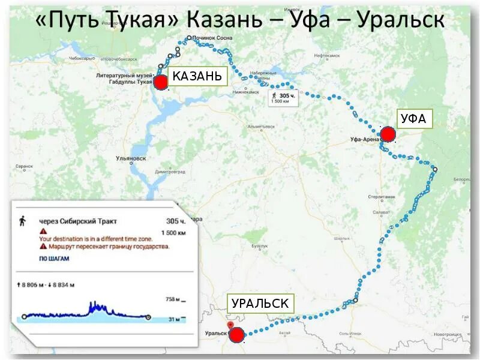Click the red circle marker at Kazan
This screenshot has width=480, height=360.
[x=160, y=83]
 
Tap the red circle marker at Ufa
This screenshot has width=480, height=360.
[x=388, y=134]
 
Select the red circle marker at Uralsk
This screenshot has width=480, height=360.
[x=236, y=335]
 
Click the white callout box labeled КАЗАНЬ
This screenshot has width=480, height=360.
[x=197, y=76]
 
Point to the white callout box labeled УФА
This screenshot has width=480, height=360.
[x=413, y=119]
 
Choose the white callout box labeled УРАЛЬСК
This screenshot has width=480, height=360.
[x=259, y=304]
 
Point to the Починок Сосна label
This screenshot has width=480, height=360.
[x=212, y=38]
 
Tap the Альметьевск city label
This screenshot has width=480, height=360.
[x=261, y=127]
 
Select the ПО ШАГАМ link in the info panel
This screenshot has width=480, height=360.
[x=55, y=259]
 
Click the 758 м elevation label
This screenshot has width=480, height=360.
[x=173, y=299]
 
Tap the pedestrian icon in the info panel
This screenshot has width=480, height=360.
[x=23, y=221]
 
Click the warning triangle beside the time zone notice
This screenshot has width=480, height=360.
[x=43, y=231]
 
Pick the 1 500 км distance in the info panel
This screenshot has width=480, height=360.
[x=173, y=233]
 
